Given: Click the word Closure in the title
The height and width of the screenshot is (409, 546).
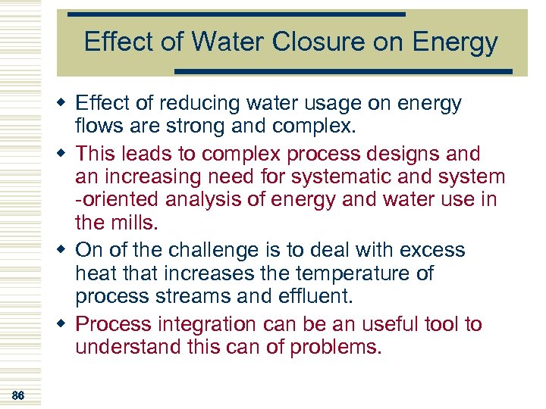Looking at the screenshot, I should pos(310,42).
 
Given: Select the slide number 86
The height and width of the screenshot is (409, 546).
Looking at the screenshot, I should pos(19,395).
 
